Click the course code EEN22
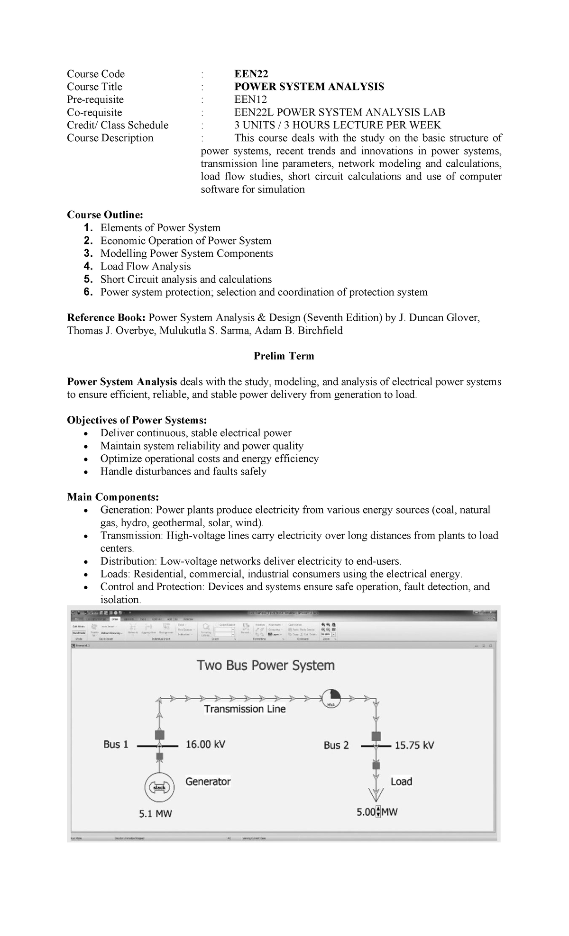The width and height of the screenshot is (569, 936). (251, 74)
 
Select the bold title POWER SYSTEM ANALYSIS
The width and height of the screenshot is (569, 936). (309, 87)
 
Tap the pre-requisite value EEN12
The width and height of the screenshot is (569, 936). (250, 99)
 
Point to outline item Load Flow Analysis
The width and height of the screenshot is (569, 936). (145, 266)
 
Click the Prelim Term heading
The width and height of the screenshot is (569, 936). (284, 356)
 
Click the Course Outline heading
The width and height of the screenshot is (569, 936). (104, 215)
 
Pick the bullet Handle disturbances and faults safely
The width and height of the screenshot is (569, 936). (183, 471)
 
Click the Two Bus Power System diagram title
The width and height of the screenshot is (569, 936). (266, 666)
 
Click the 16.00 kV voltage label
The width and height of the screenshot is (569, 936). (205, 744)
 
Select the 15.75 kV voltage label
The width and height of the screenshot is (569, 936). (414, 745)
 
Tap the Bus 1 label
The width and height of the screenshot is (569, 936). (116, 744)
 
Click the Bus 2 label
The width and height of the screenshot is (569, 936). (336, 745)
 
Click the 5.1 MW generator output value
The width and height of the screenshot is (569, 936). (155, 814)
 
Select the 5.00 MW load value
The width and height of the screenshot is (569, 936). (376, 812)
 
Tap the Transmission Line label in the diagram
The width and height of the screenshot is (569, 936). (245, 709)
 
